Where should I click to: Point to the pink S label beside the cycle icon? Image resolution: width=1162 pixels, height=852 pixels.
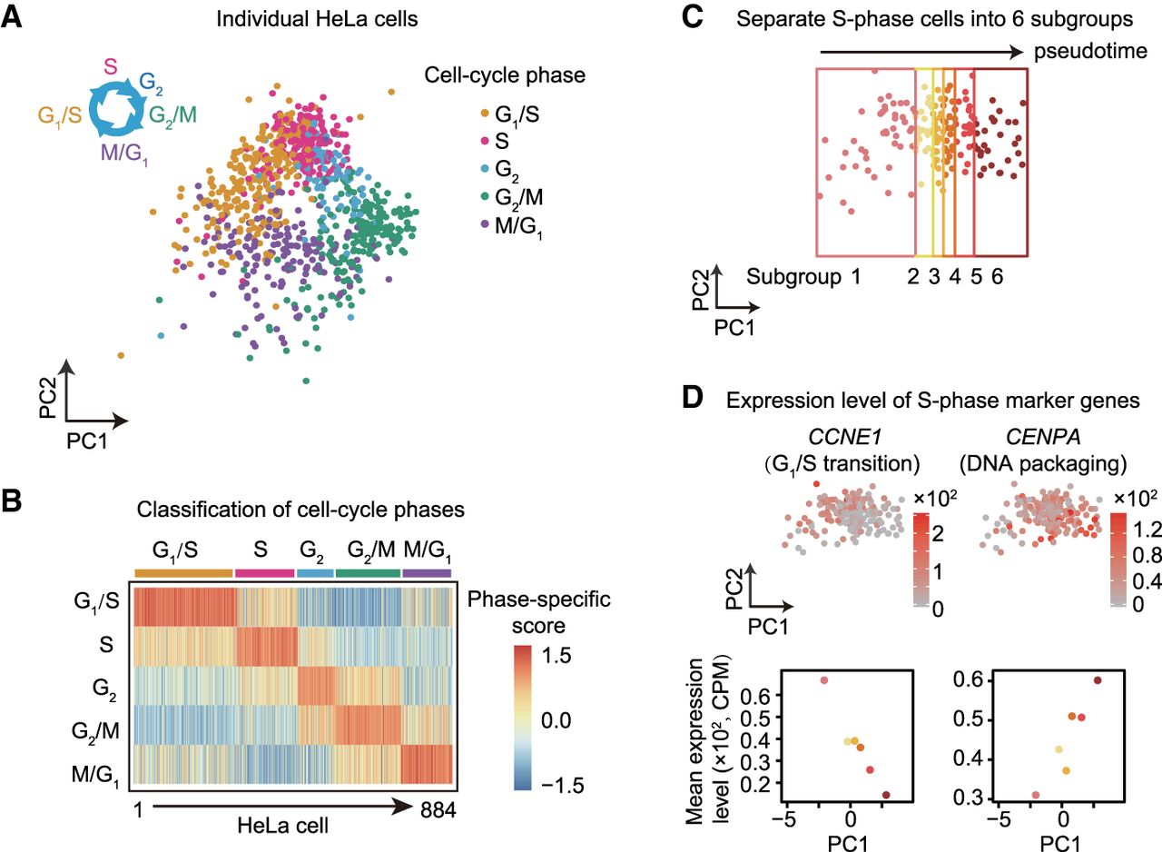(110, 65)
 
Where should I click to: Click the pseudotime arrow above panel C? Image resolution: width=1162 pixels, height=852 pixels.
(927, 51)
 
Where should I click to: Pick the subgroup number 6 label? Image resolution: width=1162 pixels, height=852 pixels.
(998, 277)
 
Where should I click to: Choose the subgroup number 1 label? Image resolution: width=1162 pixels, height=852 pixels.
(854, 277)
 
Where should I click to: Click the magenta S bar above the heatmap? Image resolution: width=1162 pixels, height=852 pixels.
(264, 572)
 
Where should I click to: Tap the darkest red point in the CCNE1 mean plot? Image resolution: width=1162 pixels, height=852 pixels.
(885, 796)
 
